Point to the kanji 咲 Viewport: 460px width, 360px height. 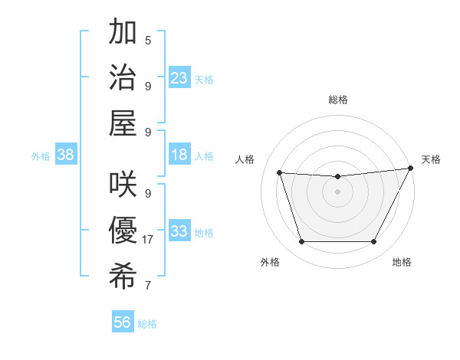tap(124, 185)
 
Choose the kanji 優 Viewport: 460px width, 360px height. tap(124, 230)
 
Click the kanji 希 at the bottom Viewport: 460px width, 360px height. tap(124, 274)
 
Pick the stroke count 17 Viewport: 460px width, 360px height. tap(148, 240)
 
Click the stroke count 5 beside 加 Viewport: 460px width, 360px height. tap(148, 41)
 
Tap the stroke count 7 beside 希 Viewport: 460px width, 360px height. tap(148, 286)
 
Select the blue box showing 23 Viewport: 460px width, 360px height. tap(179, 77)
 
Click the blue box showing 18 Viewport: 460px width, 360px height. tap(179, 155)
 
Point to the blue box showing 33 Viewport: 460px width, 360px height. tap(179, 231)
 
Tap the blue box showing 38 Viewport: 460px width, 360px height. tap(66, 155)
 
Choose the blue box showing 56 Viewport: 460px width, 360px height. tap(122, 322)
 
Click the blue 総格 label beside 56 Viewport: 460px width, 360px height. tap(147, 324)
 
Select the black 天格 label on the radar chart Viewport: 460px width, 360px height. tap(431, 159)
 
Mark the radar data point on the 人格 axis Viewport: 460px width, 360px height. tap(280, 173)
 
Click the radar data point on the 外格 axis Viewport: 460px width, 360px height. tap(301, 242)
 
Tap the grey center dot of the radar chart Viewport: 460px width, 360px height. tap(337, 191)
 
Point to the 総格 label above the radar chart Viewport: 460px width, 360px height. tap(337, 100)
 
